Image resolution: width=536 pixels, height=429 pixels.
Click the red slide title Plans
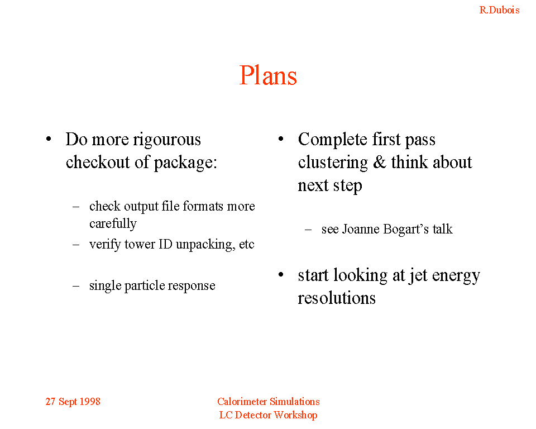(x=268, y=75)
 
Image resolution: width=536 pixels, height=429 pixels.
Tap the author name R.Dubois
(x=499, y=10)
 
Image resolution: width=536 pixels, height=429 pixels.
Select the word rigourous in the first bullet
(x=167, y=140)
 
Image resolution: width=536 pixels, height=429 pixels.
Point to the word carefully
(x=113, y=224)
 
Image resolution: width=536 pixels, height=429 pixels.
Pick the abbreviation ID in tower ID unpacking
(x=165, y=244)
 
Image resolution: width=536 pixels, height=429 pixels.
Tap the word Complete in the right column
(x=333, y=140)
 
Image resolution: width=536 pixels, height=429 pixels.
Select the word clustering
(x=333, y=163)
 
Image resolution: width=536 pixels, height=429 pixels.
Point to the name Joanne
(x=361, y=229)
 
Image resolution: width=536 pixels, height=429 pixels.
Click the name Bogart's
(x=406, y=230)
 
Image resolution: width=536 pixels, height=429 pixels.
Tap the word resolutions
(x=337, y=298)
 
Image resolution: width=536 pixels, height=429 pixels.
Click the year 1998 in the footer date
(x=90, y=402)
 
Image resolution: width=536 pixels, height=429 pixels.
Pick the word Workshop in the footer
(x=296, y=416)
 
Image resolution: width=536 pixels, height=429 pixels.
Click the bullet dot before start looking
(x=281, y=275)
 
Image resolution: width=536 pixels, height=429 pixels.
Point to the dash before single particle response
(x=76, y=286)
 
